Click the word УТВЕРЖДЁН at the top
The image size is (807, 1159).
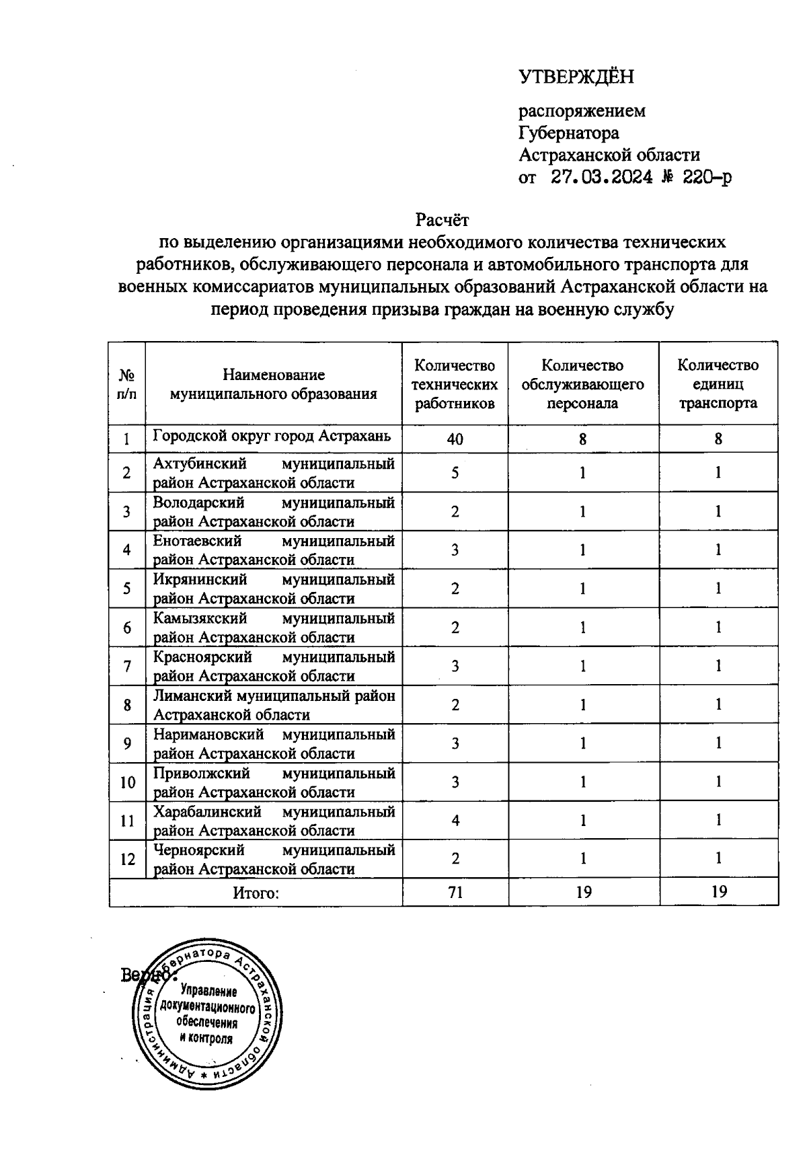click(576, 77)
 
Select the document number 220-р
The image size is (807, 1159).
click(705, 178)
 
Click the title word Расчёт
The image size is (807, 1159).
click(442, 220)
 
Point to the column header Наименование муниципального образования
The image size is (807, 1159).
click(273, 384)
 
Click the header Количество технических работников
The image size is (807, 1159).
click(455, 384)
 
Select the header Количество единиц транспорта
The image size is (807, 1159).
click(718, 384)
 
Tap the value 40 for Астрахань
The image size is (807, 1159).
click(455, 439)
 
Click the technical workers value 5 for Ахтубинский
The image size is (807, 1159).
click(455, 473)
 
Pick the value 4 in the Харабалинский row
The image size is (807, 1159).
click(455, 821)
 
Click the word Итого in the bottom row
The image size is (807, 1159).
click(256, 893)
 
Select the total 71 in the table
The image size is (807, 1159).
click(455, 893)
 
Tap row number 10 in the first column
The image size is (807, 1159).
click(127, 782)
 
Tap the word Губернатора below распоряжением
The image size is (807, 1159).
click(569, 133)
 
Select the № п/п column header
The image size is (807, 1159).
click(126, 384)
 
